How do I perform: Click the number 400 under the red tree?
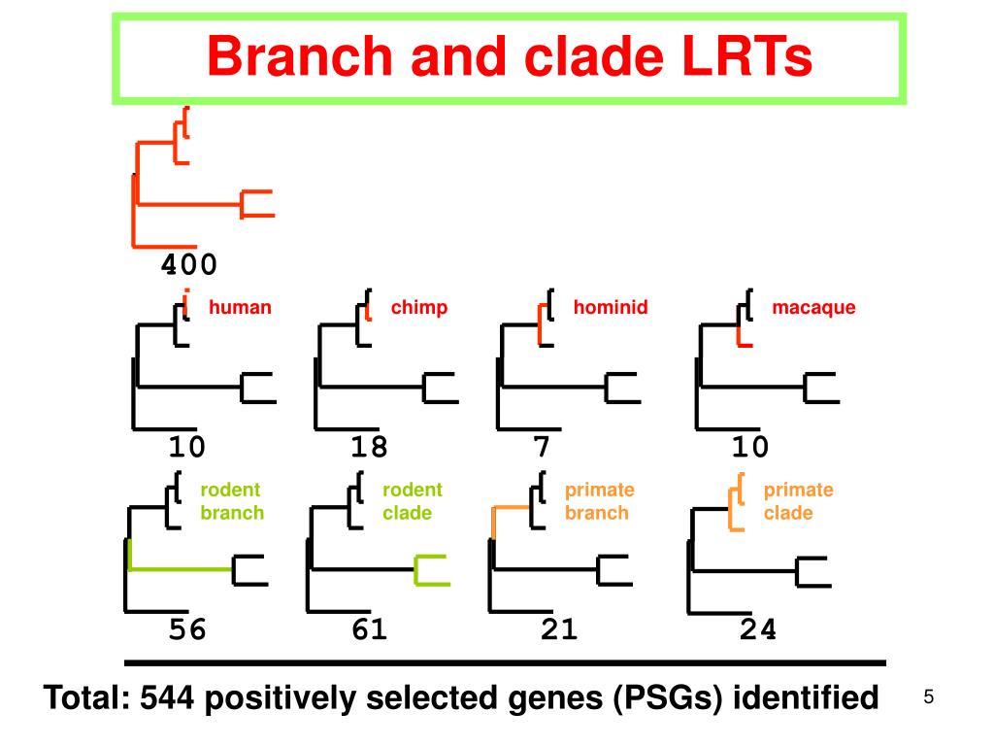189,264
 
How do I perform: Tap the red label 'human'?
240,307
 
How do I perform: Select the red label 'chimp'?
419,308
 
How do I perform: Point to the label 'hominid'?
611,307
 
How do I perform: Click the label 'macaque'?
814,308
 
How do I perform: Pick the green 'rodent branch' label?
232,501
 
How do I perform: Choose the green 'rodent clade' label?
413,501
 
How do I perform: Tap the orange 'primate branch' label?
600,501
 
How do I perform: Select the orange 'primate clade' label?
798,501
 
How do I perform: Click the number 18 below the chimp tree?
369,447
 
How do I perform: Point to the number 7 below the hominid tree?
542,447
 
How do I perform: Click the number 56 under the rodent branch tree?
187,629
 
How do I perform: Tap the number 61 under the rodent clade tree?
369,629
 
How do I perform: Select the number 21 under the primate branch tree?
559,629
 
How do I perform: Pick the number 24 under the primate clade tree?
758,629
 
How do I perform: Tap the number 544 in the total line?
167,697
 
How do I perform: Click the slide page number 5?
929,697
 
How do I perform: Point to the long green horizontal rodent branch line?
181,569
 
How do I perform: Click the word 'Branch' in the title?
300,56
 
